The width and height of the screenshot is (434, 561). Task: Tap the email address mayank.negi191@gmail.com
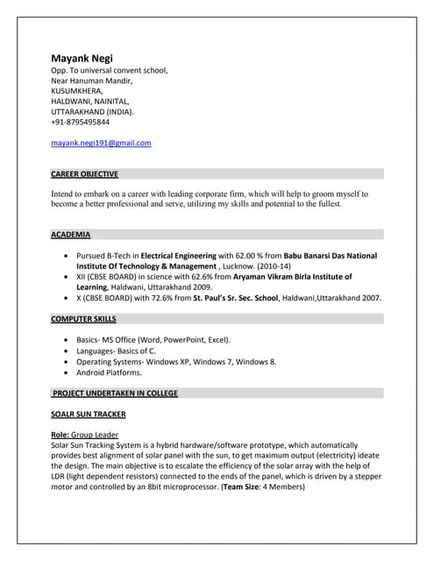[x=101, y=142]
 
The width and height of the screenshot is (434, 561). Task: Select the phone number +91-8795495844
[x=81, y=122]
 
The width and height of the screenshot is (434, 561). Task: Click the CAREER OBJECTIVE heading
[x=84, y=174]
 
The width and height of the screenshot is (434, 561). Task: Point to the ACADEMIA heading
[x=70, y=234]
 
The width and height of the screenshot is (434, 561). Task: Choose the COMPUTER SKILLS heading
[x=83, y=319]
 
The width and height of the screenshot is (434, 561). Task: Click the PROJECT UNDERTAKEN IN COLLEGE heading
[x=115, y=393]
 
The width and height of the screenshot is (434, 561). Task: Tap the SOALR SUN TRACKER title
[x=88, y=414]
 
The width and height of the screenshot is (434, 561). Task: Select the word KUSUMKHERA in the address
[x=77, y=90]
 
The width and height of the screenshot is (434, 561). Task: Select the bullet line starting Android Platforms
[x=109, y=372]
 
